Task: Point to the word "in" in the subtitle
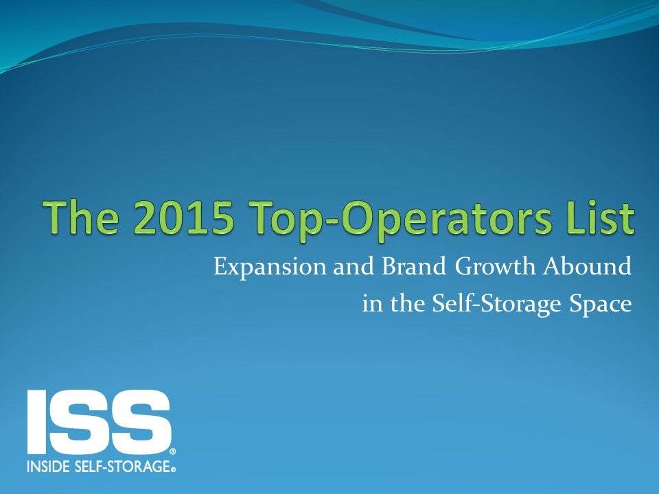[371, 304]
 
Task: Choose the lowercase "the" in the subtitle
[405, 304]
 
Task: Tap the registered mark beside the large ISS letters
[172, 452]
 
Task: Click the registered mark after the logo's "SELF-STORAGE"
[174, 469]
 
